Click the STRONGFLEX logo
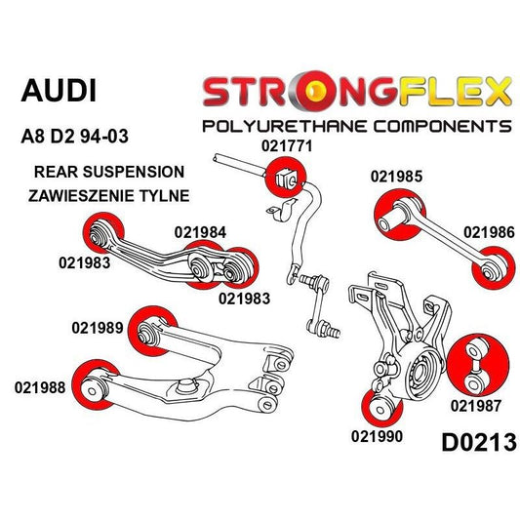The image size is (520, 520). coord(357,92)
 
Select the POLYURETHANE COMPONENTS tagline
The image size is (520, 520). coord(355,126)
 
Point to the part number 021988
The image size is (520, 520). coord(41,386)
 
